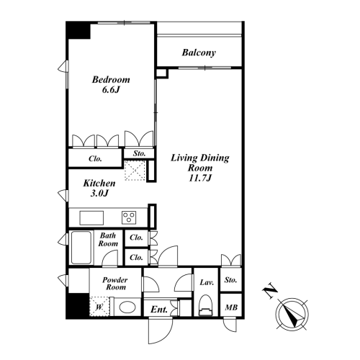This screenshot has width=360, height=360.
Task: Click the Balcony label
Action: (199, 53)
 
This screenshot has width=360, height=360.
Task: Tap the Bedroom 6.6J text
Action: (111, 84)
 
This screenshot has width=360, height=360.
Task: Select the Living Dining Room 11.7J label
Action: (200, 168)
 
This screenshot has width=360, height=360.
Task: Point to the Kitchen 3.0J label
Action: (99, 188)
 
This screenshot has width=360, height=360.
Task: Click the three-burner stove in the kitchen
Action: (129, 217)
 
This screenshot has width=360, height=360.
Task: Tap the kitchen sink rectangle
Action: (91, 218)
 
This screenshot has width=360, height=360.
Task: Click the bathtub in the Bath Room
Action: (81, 248)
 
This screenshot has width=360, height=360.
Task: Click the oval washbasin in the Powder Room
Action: (127, 307)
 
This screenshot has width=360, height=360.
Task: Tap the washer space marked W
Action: (99, 307)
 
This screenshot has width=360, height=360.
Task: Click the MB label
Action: (231, 307)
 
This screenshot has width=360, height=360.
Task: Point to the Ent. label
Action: (159, 310)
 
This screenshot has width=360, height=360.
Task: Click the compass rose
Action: (292, 314)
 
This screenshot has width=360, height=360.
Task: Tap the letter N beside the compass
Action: (270, 290)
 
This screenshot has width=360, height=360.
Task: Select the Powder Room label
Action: (115, 284)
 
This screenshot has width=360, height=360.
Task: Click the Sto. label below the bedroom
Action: (139, 153)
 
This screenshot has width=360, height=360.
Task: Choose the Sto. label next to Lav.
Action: (230, 280)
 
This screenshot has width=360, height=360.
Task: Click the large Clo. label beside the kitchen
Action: (95, 158)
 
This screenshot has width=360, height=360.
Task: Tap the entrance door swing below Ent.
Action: (161, 330)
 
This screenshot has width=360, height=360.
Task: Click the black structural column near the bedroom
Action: (78, 30)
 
